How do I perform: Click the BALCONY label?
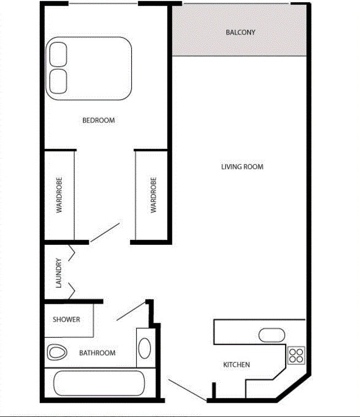[240, 33]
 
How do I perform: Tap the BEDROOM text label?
[99, 120]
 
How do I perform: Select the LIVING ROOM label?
[242, 167]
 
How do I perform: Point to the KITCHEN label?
[237, 365]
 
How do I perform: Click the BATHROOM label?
[98, 353]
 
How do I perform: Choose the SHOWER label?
[66, 319]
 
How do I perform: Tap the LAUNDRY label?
[58, 273]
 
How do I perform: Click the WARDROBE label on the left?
[59, 195]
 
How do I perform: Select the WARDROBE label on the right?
[153, 195]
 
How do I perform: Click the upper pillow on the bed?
[58, 54]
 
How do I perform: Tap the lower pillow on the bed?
[58, 82]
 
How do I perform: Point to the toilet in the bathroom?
[57, 352]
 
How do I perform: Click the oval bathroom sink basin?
[144, 348]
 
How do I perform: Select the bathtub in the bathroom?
[99, 383]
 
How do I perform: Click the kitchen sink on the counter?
[272, 335]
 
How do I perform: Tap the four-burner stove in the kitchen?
[296, 355]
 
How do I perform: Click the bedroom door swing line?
[105, 233]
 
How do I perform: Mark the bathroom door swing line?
[131, 311]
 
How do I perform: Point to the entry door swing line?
[187, 390]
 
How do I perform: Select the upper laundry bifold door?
[72, 253]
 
